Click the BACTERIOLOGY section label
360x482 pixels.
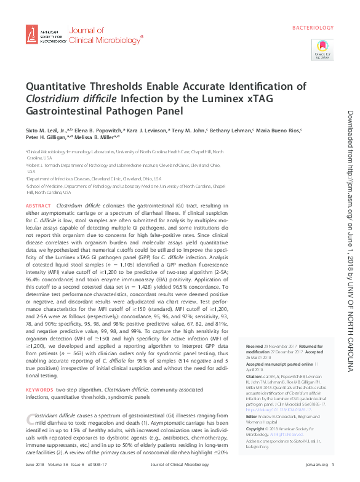point(312,28)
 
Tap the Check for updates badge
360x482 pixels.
point(322,48)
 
